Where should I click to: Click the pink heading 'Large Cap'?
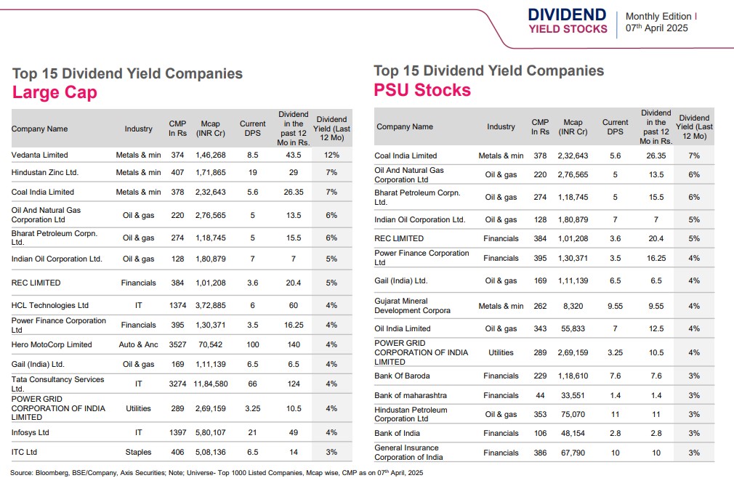[55, 92]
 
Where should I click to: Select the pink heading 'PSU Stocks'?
[422, 90]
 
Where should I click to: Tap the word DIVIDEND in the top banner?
[567, 15]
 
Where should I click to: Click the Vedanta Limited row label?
[40, 155]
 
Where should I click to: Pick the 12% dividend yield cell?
[332, 155]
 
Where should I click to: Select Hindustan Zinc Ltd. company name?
[45, 172]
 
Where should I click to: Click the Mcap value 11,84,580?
[211, 384]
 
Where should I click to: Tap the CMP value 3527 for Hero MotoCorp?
[177, 344]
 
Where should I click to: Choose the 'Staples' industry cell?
[138, 452]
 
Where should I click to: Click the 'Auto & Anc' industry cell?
[138, 344]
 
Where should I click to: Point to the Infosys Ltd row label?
[31, 432]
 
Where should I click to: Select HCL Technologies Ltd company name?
[50, 305]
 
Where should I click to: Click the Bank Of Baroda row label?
[402, 376]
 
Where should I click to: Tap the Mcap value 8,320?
[573, 306]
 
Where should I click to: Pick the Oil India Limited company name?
[403, 328]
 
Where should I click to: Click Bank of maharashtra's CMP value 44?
[540, 395]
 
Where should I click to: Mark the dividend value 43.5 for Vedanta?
[294, 155]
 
